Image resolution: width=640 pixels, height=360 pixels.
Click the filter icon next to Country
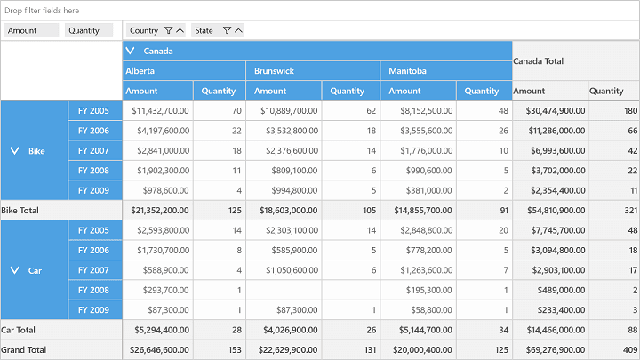pyautogui.click(x=168, y=30)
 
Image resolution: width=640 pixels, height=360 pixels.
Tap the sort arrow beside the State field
pyautogui.click(x=239, y=30)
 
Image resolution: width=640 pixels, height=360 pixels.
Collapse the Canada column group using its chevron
pyautogui.click(x=130, y=51)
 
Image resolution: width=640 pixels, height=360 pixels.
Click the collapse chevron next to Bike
pyautogui.click(x=14, y=151)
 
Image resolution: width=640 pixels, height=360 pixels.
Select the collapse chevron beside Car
pyautogui.click(x=14, y=270)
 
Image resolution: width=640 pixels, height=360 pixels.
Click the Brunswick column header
pyautogui.click(x=274, y=71)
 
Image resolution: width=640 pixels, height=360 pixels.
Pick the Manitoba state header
pyautogui.click(x=407, y=71)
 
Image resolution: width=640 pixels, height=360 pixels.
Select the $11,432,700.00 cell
pyautogui.click(x=160, y=110)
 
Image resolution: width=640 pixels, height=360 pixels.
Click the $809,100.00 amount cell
pyautogui.click(x=294, y=171)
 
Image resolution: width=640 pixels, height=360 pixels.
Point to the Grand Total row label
pyautogui.click(x=24, y=350)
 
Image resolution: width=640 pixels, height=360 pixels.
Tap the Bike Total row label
pyautogui.click(x=20, y=211)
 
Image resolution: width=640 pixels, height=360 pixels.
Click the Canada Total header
pyautogui.click(x=538, y=61)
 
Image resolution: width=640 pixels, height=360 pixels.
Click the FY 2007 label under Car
pyautogui.click(x=93, y=270)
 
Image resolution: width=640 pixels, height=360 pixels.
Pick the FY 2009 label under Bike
pyautogui.click(x=93, y=190)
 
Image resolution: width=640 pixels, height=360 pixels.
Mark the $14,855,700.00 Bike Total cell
pyautogui.click(x=423, y=211)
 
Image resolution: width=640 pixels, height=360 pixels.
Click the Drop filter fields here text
pyautogui.click(x=42, y=11)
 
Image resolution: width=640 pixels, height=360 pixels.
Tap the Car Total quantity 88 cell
pyautogui.click(x=633, y=330)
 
